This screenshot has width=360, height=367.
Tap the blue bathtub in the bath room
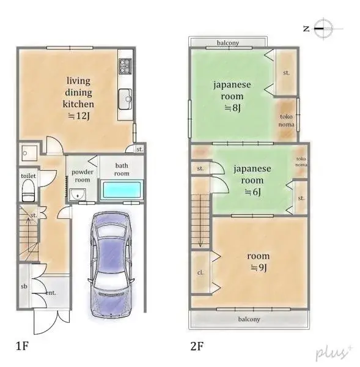coord(122,191)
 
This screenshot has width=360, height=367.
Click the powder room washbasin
coord(76,195)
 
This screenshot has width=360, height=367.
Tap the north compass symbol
coord(321,27)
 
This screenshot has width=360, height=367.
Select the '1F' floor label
coord(23,346)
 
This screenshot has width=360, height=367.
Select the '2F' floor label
coord(196,346)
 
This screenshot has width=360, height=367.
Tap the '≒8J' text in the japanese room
coord(232,108)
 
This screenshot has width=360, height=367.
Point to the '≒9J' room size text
coord(257,267)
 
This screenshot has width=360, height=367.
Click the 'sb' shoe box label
coord(23,286)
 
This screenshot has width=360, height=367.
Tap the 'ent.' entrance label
coord(51,293)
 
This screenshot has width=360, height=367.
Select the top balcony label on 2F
coord(227,43)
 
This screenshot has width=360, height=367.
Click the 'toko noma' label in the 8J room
coord(287,120)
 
